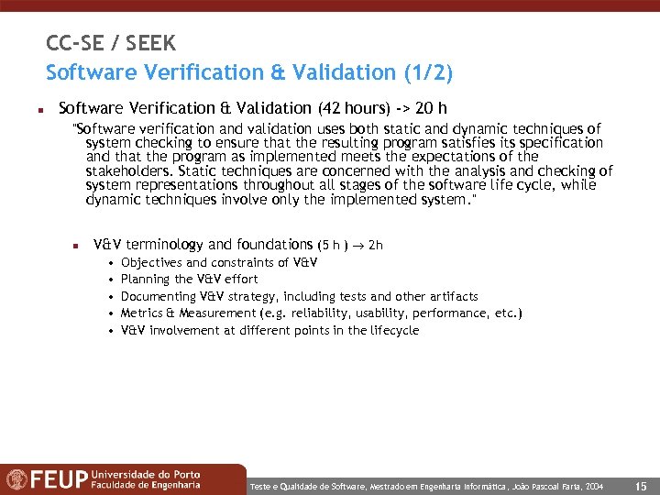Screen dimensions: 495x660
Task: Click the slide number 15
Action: point(641,486)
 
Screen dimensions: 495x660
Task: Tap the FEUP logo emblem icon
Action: point(17,479)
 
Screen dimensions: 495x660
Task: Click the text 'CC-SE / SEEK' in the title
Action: point(111,43)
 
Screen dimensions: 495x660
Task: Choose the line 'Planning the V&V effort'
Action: point(190,279)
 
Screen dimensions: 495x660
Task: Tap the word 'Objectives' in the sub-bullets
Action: point(151,262)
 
